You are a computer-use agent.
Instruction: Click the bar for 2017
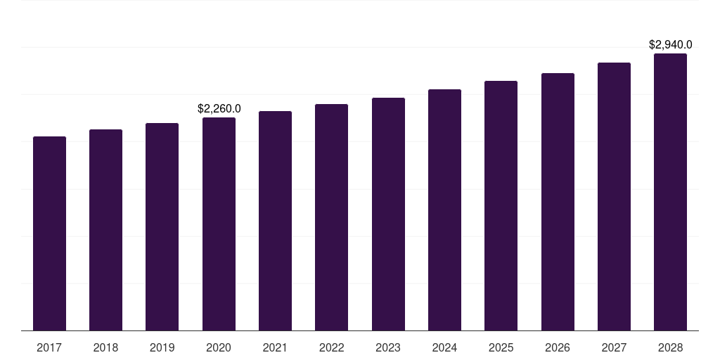(49, 233)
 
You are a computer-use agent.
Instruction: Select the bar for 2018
(105, 230)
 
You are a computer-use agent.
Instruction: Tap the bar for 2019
(162, 226)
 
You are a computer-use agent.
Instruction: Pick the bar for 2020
(219, 224)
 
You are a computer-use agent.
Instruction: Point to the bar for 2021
(275, 221)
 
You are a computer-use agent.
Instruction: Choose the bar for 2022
(331, 217)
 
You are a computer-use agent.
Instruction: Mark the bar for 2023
(388, 214)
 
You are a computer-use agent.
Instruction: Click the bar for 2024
(444, 210)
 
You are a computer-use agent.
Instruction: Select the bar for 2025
(501, 205)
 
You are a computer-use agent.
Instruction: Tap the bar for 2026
(558, 202)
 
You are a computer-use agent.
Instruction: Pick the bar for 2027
(614, 196)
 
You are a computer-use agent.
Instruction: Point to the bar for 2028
(670, 192)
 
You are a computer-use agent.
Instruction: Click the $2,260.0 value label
(219, 108)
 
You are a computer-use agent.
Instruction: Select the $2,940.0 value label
(670, 44)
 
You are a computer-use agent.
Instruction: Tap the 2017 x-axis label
(49, 347)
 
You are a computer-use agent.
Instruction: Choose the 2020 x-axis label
(219, 347)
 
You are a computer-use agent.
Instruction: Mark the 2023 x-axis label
(388, 347)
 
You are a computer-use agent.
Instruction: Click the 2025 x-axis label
(501, 347)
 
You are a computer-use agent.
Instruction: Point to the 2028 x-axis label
(670, 347)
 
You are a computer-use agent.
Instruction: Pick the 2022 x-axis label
(331, 347)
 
